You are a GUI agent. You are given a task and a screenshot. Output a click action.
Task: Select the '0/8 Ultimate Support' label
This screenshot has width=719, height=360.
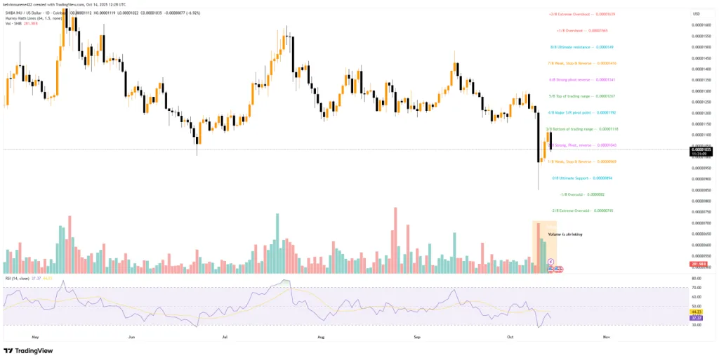pyautogui.click(x=577, y=178)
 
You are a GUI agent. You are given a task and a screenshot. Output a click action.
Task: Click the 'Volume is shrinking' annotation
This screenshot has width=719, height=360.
pyautogui.click(x=565, y=234)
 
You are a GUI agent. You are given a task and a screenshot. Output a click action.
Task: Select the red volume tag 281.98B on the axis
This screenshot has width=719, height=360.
pyautogui.click(x=699, y=264)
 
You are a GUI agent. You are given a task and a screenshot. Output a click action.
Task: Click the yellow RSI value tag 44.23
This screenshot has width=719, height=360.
pyautogui.click(x=699, y=312)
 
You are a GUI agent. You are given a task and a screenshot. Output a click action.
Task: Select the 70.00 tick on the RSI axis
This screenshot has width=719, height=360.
pyautogui.click(x=697, y=287)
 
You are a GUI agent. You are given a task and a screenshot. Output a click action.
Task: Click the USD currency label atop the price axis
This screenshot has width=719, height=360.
pyautogui.click(x=697, y=13)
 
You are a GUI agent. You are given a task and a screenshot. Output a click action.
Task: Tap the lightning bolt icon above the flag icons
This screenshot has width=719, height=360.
pyautogui.click(x=551, y=261)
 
